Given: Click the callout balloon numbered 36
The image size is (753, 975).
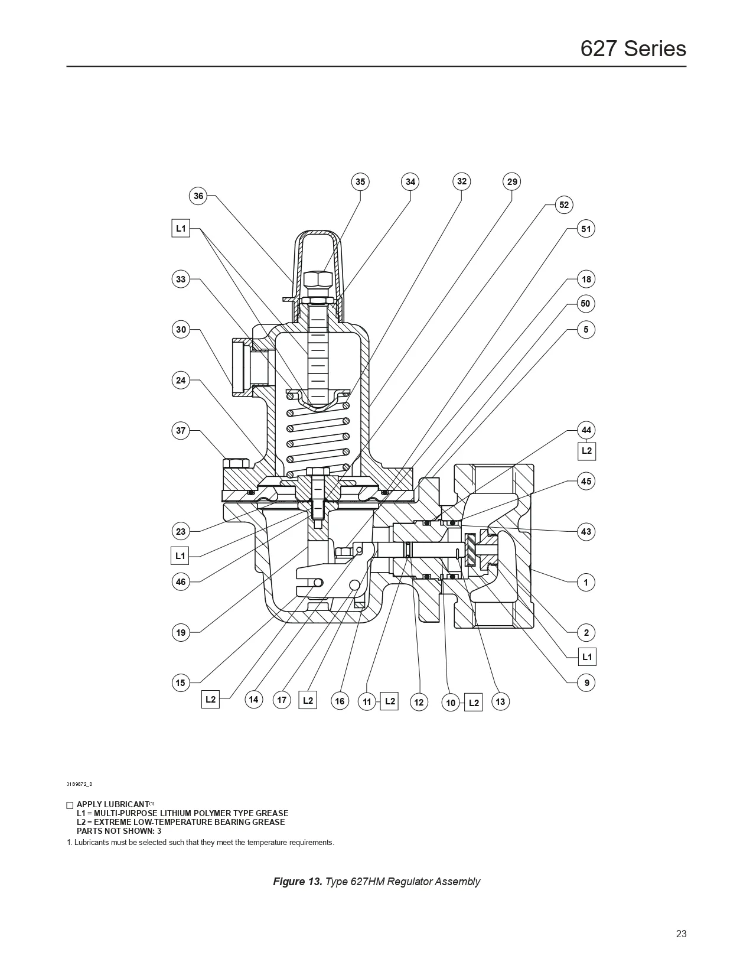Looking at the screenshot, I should click(x=198, y=196).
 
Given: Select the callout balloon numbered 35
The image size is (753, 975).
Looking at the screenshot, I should click(x=360, y=182).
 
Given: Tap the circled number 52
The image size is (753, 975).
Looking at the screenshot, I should click(x=564, y=205).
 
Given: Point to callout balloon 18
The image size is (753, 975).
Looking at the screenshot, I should click(x=586, y=279).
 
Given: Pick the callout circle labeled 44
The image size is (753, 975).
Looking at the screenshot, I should click(x=586, y=430).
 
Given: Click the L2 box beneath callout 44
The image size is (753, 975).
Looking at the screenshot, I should click(x=586, y=451).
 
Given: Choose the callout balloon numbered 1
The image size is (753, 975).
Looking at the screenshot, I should click(x=586, y=583).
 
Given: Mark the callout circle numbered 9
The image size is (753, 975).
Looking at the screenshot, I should click(x=586, y=683).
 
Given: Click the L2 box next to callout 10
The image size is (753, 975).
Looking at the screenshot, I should click(x=474, y=703).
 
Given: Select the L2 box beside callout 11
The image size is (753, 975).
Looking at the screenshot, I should click(x=390, y=701).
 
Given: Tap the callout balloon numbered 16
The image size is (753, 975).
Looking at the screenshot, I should click(x=340, y=701).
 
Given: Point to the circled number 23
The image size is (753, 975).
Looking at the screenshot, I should click(x=181, y=531).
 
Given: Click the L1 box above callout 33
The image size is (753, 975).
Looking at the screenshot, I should click(x=181, y=229).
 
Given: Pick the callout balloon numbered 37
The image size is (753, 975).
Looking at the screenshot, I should click(x=181, y=431).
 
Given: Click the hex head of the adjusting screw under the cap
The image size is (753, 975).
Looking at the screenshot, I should click(x=318, y=279).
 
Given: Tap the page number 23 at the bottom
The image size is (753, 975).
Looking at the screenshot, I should click(x=681, y=934).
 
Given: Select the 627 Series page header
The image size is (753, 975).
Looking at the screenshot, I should click(x=633, y=48).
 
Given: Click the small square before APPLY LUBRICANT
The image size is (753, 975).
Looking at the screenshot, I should click(x=70, y=805).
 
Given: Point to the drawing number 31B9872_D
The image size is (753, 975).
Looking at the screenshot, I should click(x=79, y=784).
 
